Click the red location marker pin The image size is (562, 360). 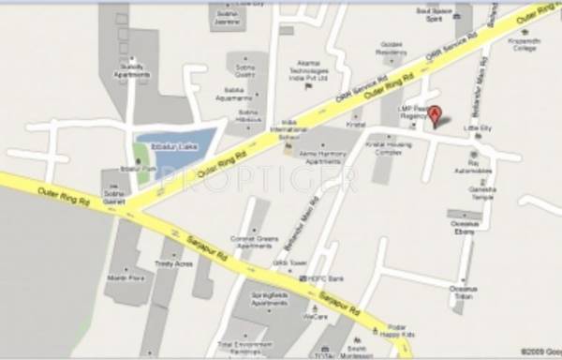435,116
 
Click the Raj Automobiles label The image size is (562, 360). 467,169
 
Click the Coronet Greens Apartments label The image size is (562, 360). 256,243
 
